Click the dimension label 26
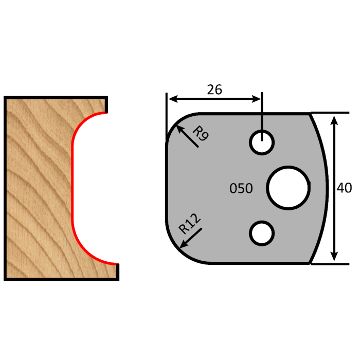(x=214, y=89)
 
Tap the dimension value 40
(x=344, y=188)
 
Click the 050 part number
(x=241, y=189)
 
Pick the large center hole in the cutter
(x=288, y=188)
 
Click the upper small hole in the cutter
(x=262, y=142)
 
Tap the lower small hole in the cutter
(x=261, y=233)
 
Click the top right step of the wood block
(x=106, y=105)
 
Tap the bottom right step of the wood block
(x=117, y=271)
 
